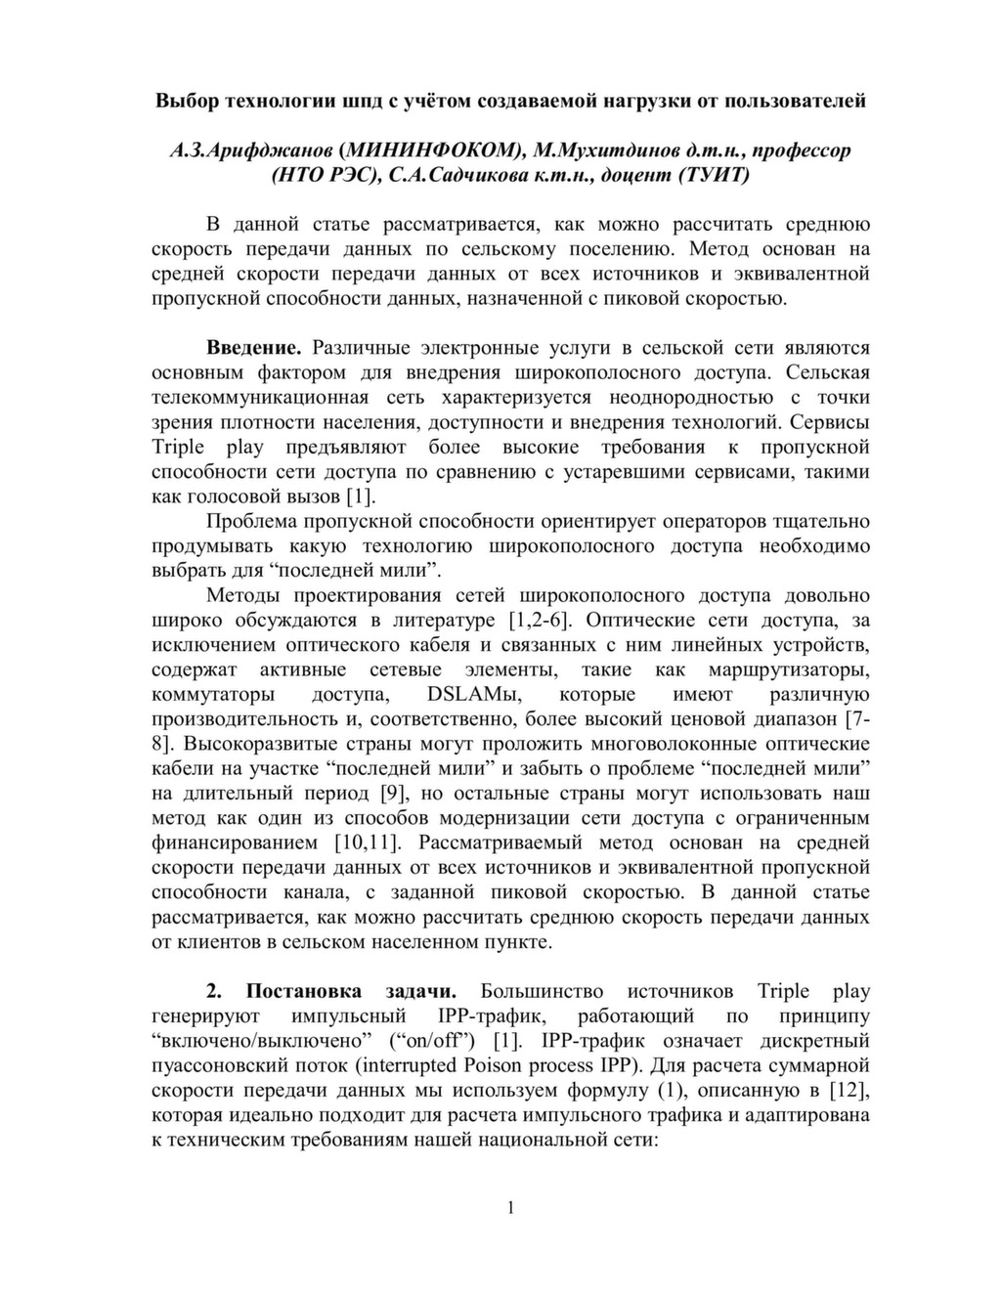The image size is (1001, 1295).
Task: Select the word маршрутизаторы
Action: pyautogui.click(x=794, y=670)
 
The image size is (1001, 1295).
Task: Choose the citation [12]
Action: pyautogui.click(x=849, y=1091)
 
